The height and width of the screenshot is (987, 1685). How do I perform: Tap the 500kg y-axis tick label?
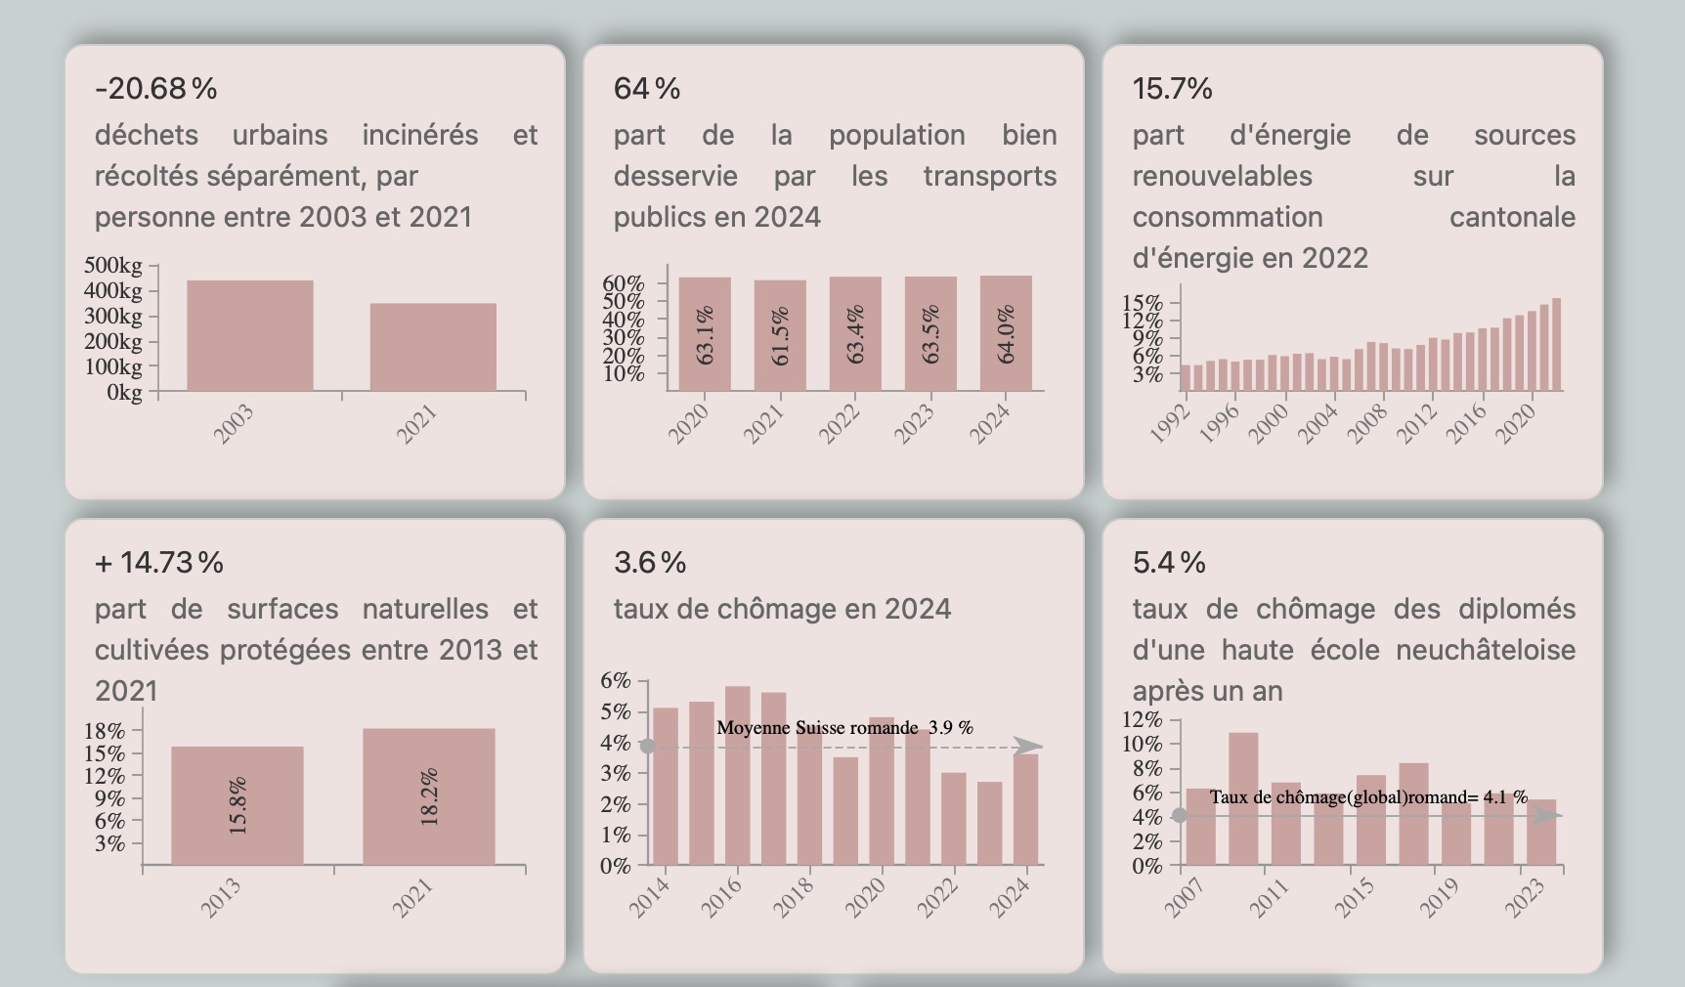pyautogui.click(x=113, y=266)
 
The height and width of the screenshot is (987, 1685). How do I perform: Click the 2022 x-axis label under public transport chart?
pyautogui.click(x=839, y=423)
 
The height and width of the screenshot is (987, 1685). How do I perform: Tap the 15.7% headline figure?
pyautogui.click(x=1172, y=89)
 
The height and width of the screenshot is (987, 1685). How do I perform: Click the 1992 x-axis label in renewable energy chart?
pyautogui.click(x=1170, y=423)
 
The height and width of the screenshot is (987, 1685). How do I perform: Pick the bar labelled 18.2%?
pyautogui.click(x=429, y=796)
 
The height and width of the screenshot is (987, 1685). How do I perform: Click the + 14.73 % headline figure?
pyautogui.click(x=159, y=563)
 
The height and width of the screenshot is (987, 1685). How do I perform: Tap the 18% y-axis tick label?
pyautogui.click(x=105, y=731)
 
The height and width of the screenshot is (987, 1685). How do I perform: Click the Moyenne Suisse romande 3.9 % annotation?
pyautogui.click(x=844, y=728)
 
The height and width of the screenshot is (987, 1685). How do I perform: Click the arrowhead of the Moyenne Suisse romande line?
pyautogui.click(x=1028, y=747)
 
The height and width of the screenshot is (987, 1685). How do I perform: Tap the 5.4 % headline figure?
pyautogui.click(x=1169, y=563)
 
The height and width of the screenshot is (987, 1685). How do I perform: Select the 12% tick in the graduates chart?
pyautogui.click(x=1143, y=720)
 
